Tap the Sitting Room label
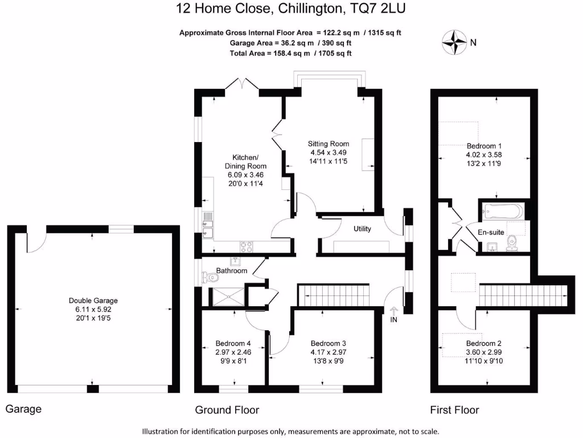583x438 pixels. [x=329, y=144]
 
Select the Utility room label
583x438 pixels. [x=362, y=229]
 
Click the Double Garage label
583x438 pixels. [x=93, y=301]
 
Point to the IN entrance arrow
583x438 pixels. [x=393, y=313]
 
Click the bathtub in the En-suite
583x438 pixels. [x=502, y=212]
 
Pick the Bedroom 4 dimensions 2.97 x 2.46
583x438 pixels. [x=233, y=352]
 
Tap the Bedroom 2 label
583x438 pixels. [x=483, y=343]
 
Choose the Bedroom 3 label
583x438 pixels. [x=328, y=343]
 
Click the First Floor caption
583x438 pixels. [x=454, y=410]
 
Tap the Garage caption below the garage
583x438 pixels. [x=23, y=409]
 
